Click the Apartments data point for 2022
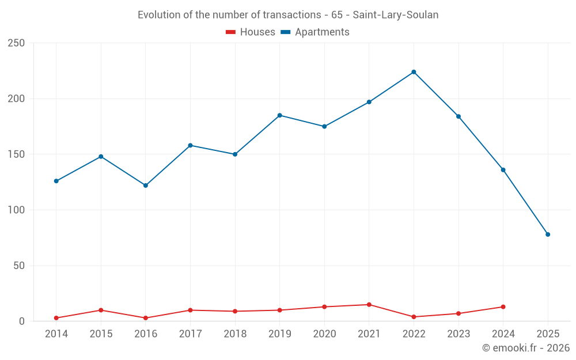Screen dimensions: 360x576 (414, 72)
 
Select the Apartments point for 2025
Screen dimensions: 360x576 (548, 234)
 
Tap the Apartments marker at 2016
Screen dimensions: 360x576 (146, 185)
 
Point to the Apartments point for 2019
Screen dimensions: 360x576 (280, 115)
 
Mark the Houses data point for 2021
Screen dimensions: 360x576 (369, 305)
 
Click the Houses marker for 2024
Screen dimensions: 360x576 (503, 307)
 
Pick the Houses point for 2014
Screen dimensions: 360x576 (56, 318)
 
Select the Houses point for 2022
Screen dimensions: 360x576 (414, 317)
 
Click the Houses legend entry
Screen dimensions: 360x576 (251, 32)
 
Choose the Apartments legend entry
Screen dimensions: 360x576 (315, 32)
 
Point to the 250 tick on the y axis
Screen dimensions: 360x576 (17, 43)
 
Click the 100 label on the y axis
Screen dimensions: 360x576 (17, 210)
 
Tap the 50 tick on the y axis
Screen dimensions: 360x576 (20, 266)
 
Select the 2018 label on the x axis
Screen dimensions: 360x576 (235, 334)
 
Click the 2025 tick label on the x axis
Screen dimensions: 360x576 (548, 334)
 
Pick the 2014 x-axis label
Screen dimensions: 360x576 (56, 334)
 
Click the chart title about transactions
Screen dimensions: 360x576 (288, 15)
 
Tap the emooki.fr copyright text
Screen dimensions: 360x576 (526, 348)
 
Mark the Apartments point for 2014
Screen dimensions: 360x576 (56, 181)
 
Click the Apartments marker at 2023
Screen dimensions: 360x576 (458, 116)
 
